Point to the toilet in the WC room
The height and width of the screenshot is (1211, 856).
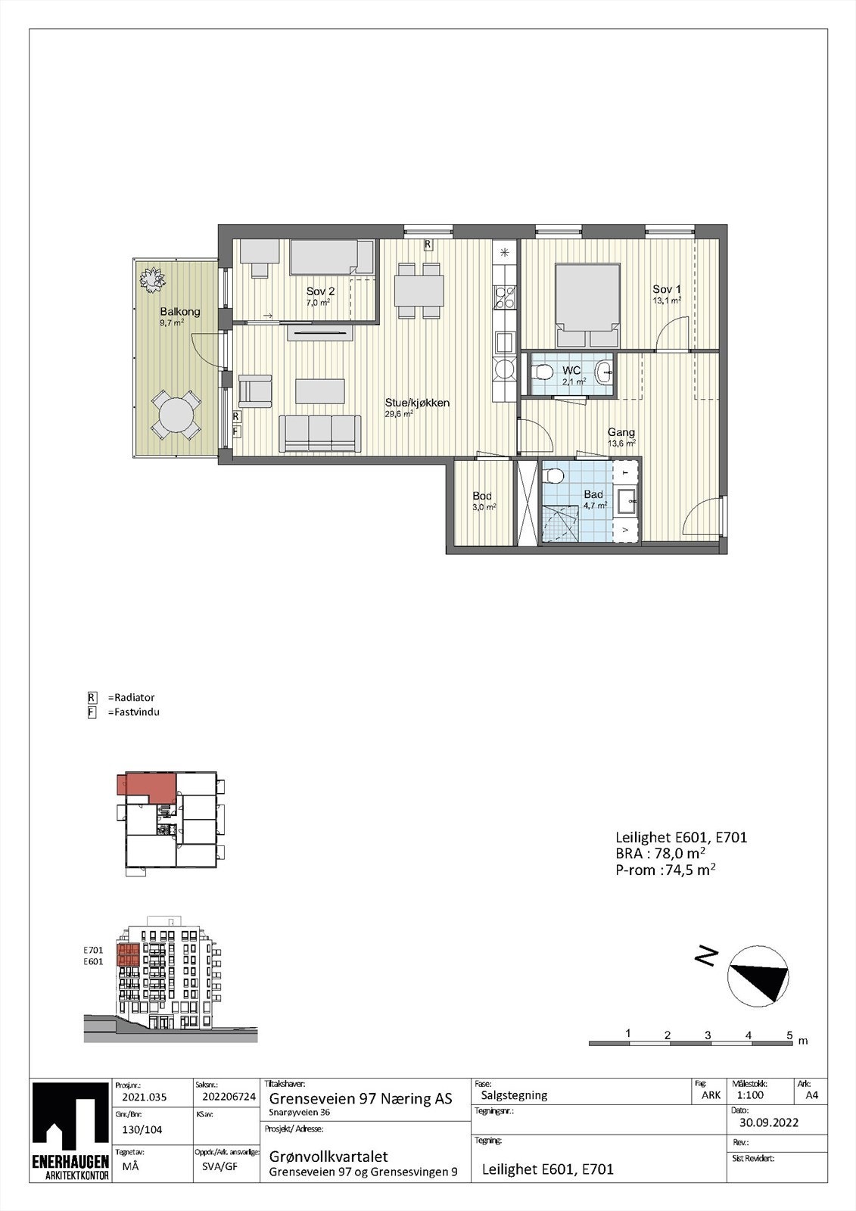[x=542, y=372]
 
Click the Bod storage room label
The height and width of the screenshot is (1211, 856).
[x=482, y=497]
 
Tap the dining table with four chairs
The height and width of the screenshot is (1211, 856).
[x=419, y=290]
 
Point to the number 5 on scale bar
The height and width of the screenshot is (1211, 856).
[x=789, y=1035]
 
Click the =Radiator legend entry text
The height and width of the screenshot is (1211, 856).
[x=131, y=697]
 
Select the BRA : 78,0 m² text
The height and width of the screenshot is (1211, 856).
[x=661, y=854]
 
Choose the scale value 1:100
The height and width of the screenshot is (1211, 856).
[x=749, y=1095]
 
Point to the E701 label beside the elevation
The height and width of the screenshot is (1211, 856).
[x=93, y=950]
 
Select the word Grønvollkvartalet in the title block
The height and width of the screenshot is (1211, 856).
[x=328, y=1157]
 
